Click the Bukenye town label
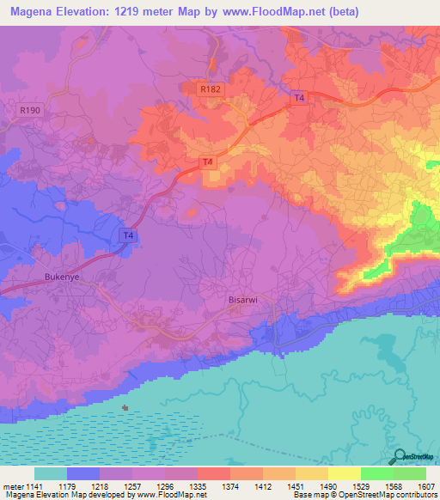point(61,277)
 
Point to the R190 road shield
point(28,110)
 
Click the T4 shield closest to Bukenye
point(127,235)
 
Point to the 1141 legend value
point(33,486)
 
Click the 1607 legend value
point(426,486)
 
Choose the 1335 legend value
point(198,486)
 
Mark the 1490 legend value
point(328,486)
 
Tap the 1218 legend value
point(99,486)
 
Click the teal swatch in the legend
point(50,473)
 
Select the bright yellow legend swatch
point(344,473)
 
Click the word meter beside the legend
point(11,486)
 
